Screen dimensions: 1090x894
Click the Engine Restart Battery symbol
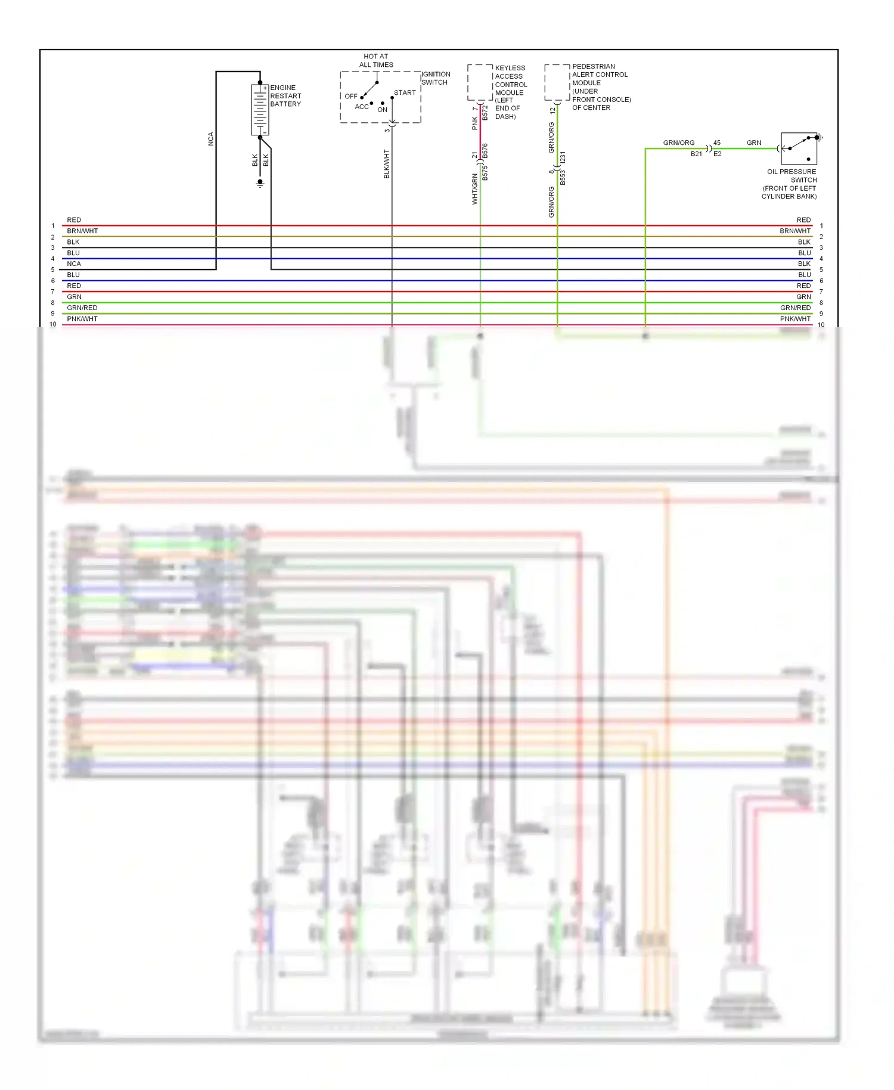point(260,110)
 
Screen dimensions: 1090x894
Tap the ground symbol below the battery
point(260,184)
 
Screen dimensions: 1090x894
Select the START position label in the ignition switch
point(405,92)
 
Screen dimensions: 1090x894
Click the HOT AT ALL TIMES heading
point(376,60)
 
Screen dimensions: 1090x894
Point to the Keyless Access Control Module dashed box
point(480,82)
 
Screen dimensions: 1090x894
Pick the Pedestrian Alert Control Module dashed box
point(557,82)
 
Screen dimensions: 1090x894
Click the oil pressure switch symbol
point(799,148)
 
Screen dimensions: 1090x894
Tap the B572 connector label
point(485,113)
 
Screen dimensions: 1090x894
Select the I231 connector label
point(563,159)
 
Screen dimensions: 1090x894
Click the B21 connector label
point(696,154)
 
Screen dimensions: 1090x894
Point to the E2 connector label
point(718,154)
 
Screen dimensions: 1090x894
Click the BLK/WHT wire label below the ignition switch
point(386,164)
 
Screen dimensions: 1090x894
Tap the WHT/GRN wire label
point(475,188)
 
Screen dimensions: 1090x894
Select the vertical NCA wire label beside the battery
point(210,139)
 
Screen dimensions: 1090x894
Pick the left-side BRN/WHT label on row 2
point(82,231)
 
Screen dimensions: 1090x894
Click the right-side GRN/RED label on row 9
point(795,308)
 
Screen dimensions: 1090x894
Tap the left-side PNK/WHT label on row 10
point(82,319)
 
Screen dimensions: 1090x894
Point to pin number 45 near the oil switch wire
point(717,143)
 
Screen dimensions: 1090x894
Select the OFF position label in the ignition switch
point(351,96)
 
